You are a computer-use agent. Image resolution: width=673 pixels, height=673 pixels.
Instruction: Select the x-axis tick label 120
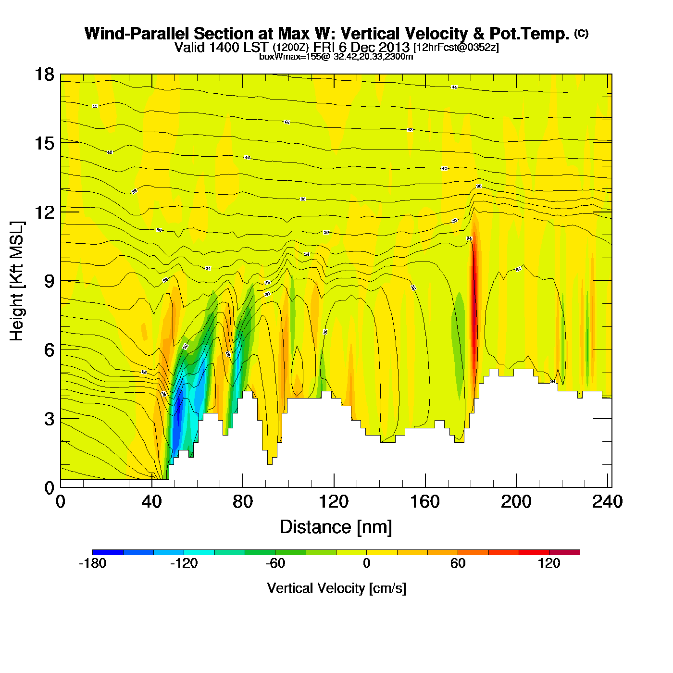[x=334, y=502]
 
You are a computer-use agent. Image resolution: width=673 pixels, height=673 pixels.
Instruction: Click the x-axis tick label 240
[x=608, y=502]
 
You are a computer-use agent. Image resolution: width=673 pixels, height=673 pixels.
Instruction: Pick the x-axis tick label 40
[x=151, y=502]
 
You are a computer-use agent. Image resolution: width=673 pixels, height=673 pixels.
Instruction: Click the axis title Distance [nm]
[x=336, y=527]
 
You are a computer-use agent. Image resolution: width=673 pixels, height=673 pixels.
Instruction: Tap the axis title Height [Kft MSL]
[x=17, y=281]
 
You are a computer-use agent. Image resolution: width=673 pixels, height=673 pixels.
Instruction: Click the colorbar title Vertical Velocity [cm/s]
[x=336, y=588]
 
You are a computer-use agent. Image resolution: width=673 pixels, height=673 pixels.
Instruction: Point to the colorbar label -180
[x=92, y=563]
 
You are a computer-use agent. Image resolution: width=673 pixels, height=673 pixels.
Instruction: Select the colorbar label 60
[x=458, y=563]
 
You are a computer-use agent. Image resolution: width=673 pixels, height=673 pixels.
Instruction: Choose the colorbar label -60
[x=275, y=563]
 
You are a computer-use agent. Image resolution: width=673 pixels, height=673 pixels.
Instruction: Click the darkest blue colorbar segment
[x=108, y=552]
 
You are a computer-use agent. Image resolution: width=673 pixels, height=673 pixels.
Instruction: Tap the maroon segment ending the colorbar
[x=564, y=552]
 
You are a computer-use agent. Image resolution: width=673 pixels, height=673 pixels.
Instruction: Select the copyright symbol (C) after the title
[x=581, y=33]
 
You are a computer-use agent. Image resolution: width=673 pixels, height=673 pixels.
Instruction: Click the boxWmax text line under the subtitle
[x=336, y=56]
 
